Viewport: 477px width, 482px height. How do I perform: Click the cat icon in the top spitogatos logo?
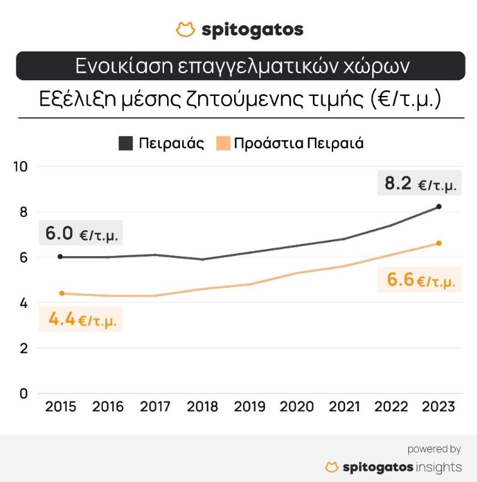click(x=185, y=29)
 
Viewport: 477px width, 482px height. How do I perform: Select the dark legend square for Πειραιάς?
click(x=126, y=143)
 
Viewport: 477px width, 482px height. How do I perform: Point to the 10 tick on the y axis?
click(x=21, y=167)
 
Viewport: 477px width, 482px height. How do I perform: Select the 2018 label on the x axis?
click(x=203, y=406)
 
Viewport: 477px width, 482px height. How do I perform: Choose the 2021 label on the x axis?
click(x=344, y=406)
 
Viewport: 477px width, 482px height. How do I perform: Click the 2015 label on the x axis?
click(x=61, y=406)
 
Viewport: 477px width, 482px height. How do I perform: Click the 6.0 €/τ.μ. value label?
click(x=80, y=234)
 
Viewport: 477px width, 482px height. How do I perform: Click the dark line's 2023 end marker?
click(x=439, y=206)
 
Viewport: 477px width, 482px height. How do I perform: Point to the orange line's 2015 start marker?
click(x=61, y=293)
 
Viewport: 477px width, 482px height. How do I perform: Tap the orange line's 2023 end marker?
click(x=439, y=243)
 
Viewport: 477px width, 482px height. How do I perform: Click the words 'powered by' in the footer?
click(x=433, y=449)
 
